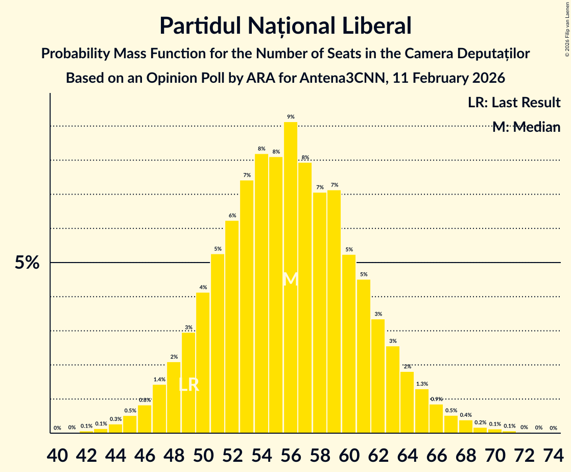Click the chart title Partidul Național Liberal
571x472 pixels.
(285, 26)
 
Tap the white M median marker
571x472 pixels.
(290, 279)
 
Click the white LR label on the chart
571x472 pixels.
(188, 385)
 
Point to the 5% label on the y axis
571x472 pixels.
(27, 263)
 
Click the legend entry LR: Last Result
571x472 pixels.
(514, 102)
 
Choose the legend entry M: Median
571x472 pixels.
(526, 127)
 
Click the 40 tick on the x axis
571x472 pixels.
(57, 454)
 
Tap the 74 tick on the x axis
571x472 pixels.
(553, 454)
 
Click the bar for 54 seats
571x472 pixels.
(261, 293)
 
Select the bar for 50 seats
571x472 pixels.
(203, 363)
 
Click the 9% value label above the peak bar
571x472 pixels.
(291, 116)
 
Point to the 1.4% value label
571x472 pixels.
(159, 380)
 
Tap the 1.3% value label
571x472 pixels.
(422, 384)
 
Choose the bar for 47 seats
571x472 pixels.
(159, 409)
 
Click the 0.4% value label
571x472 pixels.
(466, 415)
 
